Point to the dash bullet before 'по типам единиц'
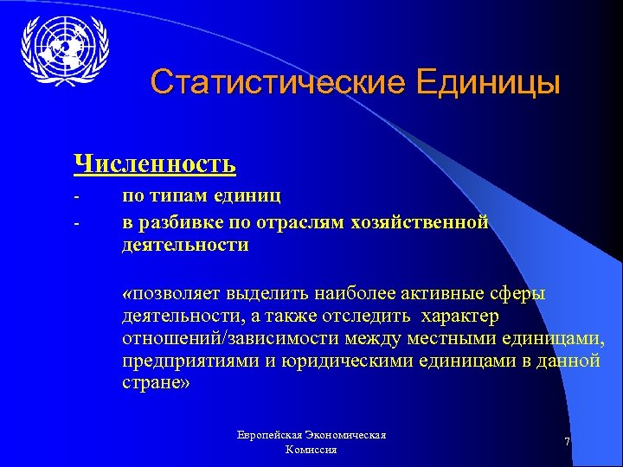77,197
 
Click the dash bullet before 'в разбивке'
77,222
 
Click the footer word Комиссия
311,450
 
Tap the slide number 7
567,442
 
